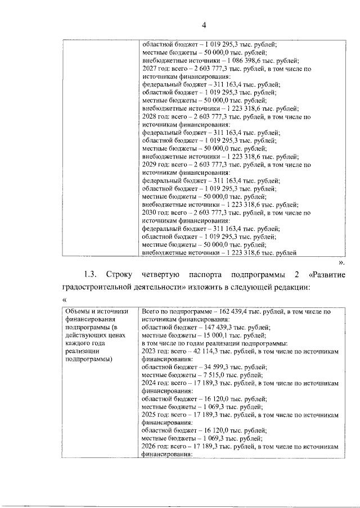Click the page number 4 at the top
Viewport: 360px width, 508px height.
(x=204, y=24)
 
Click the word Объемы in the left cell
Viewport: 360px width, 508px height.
(x=77, y=311)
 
